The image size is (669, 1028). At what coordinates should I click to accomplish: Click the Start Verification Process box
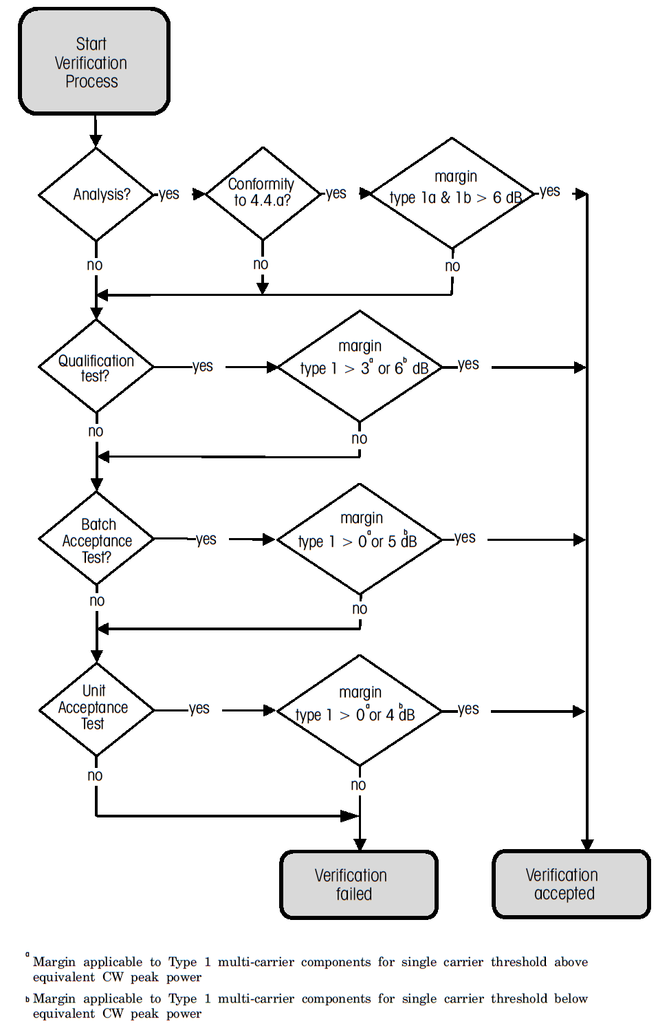[94, 62]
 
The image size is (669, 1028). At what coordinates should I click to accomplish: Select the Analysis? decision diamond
[96, 195]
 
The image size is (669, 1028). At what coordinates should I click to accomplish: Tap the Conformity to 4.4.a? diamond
[263, 193]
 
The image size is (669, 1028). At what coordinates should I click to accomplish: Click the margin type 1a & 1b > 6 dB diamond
[452, 193]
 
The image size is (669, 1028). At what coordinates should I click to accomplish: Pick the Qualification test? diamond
[96, 367]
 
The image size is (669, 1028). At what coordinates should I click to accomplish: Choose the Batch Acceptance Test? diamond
[96, 539]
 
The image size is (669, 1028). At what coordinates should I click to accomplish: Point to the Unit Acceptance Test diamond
[96, 709]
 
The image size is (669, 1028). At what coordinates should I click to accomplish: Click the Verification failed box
[358, 885]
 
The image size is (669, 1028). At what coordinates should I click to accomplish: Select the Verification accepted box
[571, 884]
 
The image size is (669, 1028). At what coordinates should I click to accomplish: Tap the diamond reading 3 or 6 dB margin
[360, 367]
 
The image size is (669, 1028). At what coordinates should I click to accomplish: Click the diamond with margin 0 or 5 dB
[360, 539]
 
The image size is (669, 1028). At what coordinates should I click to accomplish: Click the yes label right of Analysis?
[168, 194]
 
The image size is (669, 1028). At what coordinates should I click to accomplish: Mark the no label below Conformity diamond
[261, 264]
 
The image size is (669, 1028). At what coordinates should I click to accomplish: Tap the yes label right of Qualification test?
[203, 366]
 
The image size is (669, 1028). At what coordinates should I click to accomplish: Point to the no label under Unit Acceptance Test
[95, 775]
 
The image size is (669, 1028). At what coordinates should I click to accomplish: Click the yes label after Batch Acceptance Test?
[206, 539]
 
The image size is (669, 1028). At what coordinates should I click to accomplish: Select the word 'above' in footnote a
[571, 962]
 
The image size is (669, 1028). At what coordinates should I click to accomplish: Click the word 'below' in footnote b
[571, 998]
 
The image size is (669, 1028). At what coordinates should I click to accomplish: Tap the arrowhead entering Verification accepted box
[586, 844]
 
